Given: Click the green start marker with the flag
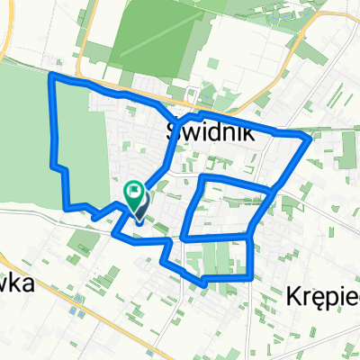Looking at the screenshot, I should point(133,192).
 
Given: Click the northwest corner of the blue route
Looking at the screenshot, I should point(49,77).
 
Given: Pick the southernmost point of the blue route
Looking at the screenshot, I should point(204,283).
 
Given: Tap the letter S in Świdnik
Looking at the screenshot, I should point(176,132).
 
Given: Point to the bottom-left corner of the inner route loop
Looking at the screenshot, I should point(184,238).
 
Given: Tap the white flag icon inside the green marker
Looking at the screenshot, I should point(133,189).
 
